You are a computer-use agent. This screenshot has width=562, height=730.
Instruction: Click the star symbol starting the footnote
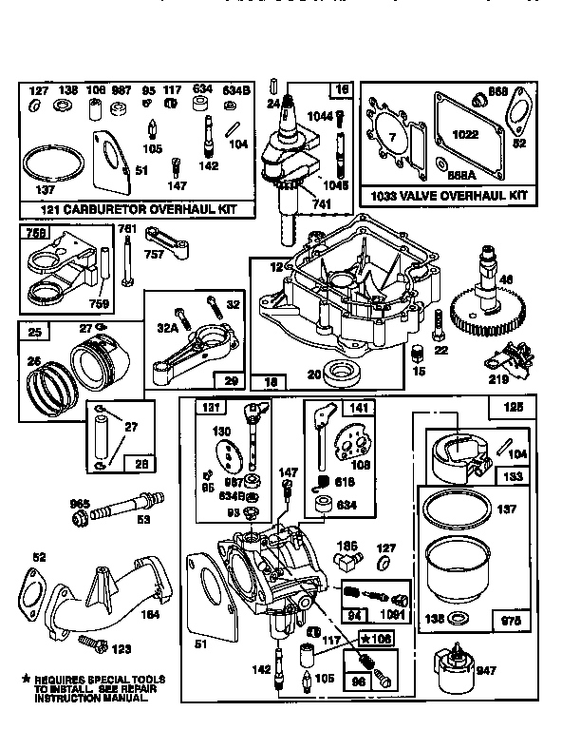27,680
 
